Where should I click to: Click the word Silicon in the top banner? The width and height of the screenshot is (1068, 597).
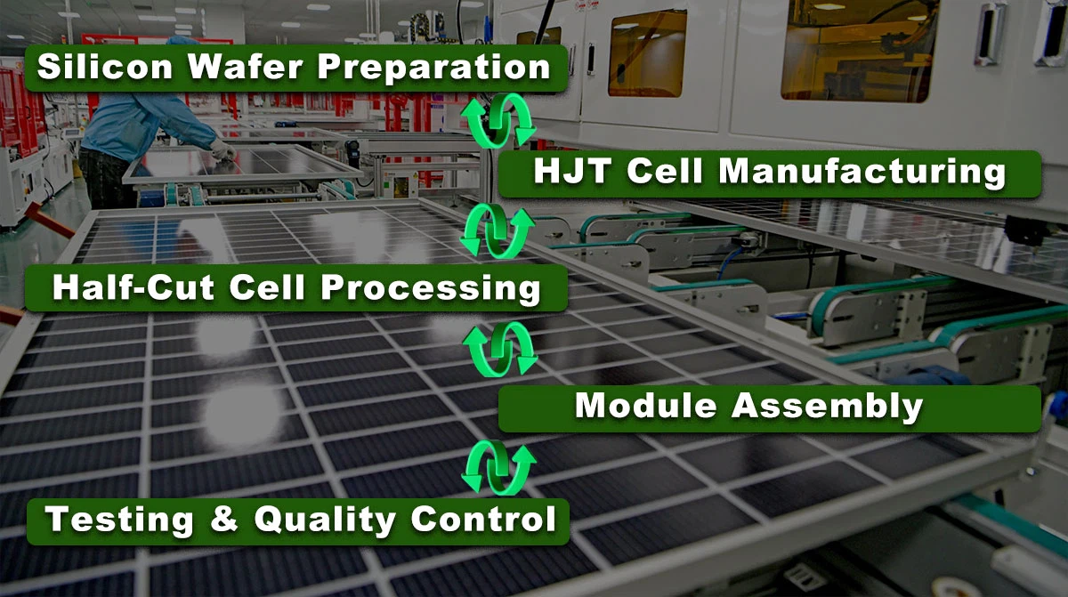click(x=104, y=66)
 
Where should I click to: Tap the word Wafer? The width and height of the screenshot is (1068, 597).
click(x=245, y=66)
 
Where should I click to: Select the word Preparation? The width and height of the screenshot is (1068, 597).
click(x=434, y=68)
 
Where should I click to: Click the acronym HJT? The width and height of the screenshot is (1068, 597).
click(x=572, y=171)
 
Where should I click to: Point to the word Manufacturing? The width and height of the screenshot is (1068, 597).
click(x=862, y=172)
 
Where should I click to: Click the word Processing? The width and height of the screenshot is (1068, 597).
click(x=431, y=289)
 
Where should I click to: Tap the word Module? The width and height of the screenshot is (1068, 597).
click(x=645, y=406)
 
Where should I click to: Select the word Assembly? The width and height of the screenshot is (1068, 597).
click(x=827, y=407)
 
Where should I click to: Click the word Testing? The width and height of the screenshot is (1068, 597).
click(x=119, y=520)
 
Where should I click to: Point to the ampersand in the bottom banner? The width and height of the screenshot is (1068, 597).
click(x=223, y=519)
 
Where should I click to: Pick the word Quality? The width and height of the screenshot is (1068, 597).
click(x=325, y=520)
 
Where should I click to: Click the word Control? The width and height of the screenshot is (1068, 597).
click(x=483, y=519)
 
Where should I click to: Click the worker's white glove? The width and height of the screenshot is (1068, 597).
click(x=222, y=149)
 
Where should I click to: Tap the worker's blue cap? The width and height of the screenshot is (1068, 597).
click(x=182, y=41)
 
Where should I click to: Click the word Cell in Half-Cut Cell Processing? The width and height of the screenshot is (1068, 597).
click(x=267, y=287)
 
